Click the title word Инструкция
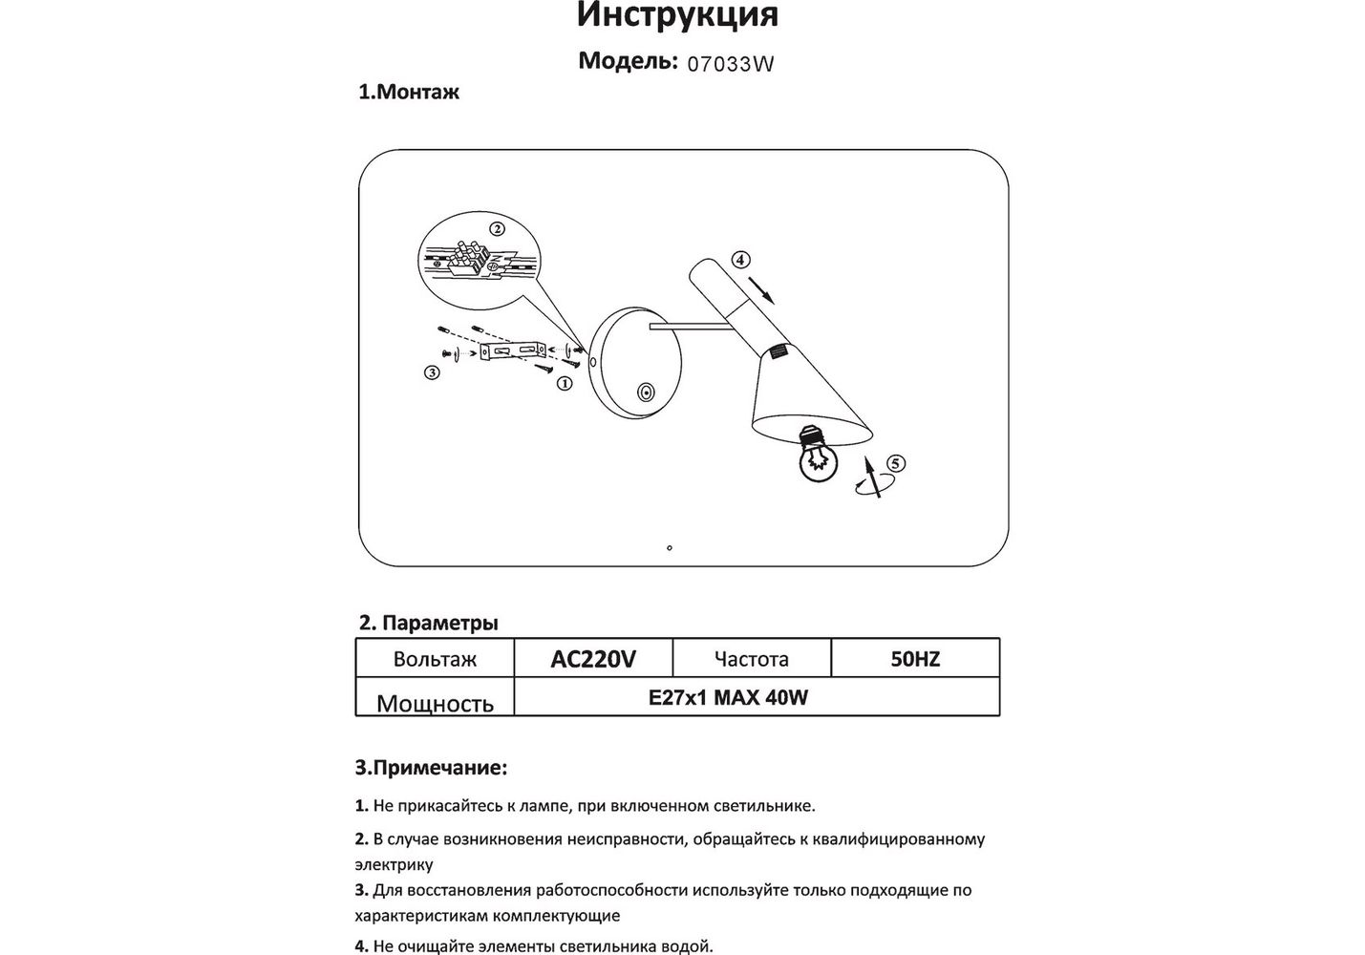[677, 15]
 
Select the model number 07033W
[730, 65]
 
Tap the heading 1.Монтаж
[408, 93]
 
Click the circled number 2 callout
[497, 229]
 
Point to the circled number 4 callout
[741, 260]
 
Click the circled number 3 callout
[432, 372]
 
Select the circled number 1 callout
[564, 383]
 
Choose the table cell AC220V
[593, 659]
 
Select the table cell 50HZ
[915, 659]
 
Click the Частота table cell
[752, 659]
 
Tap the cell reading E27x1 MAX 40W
[728, 697]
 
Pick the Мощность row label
[435, 703]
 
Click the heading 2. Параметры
[428, 624]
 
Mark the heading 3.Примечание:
[431, 768]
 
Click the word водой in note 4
[687, 946]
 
